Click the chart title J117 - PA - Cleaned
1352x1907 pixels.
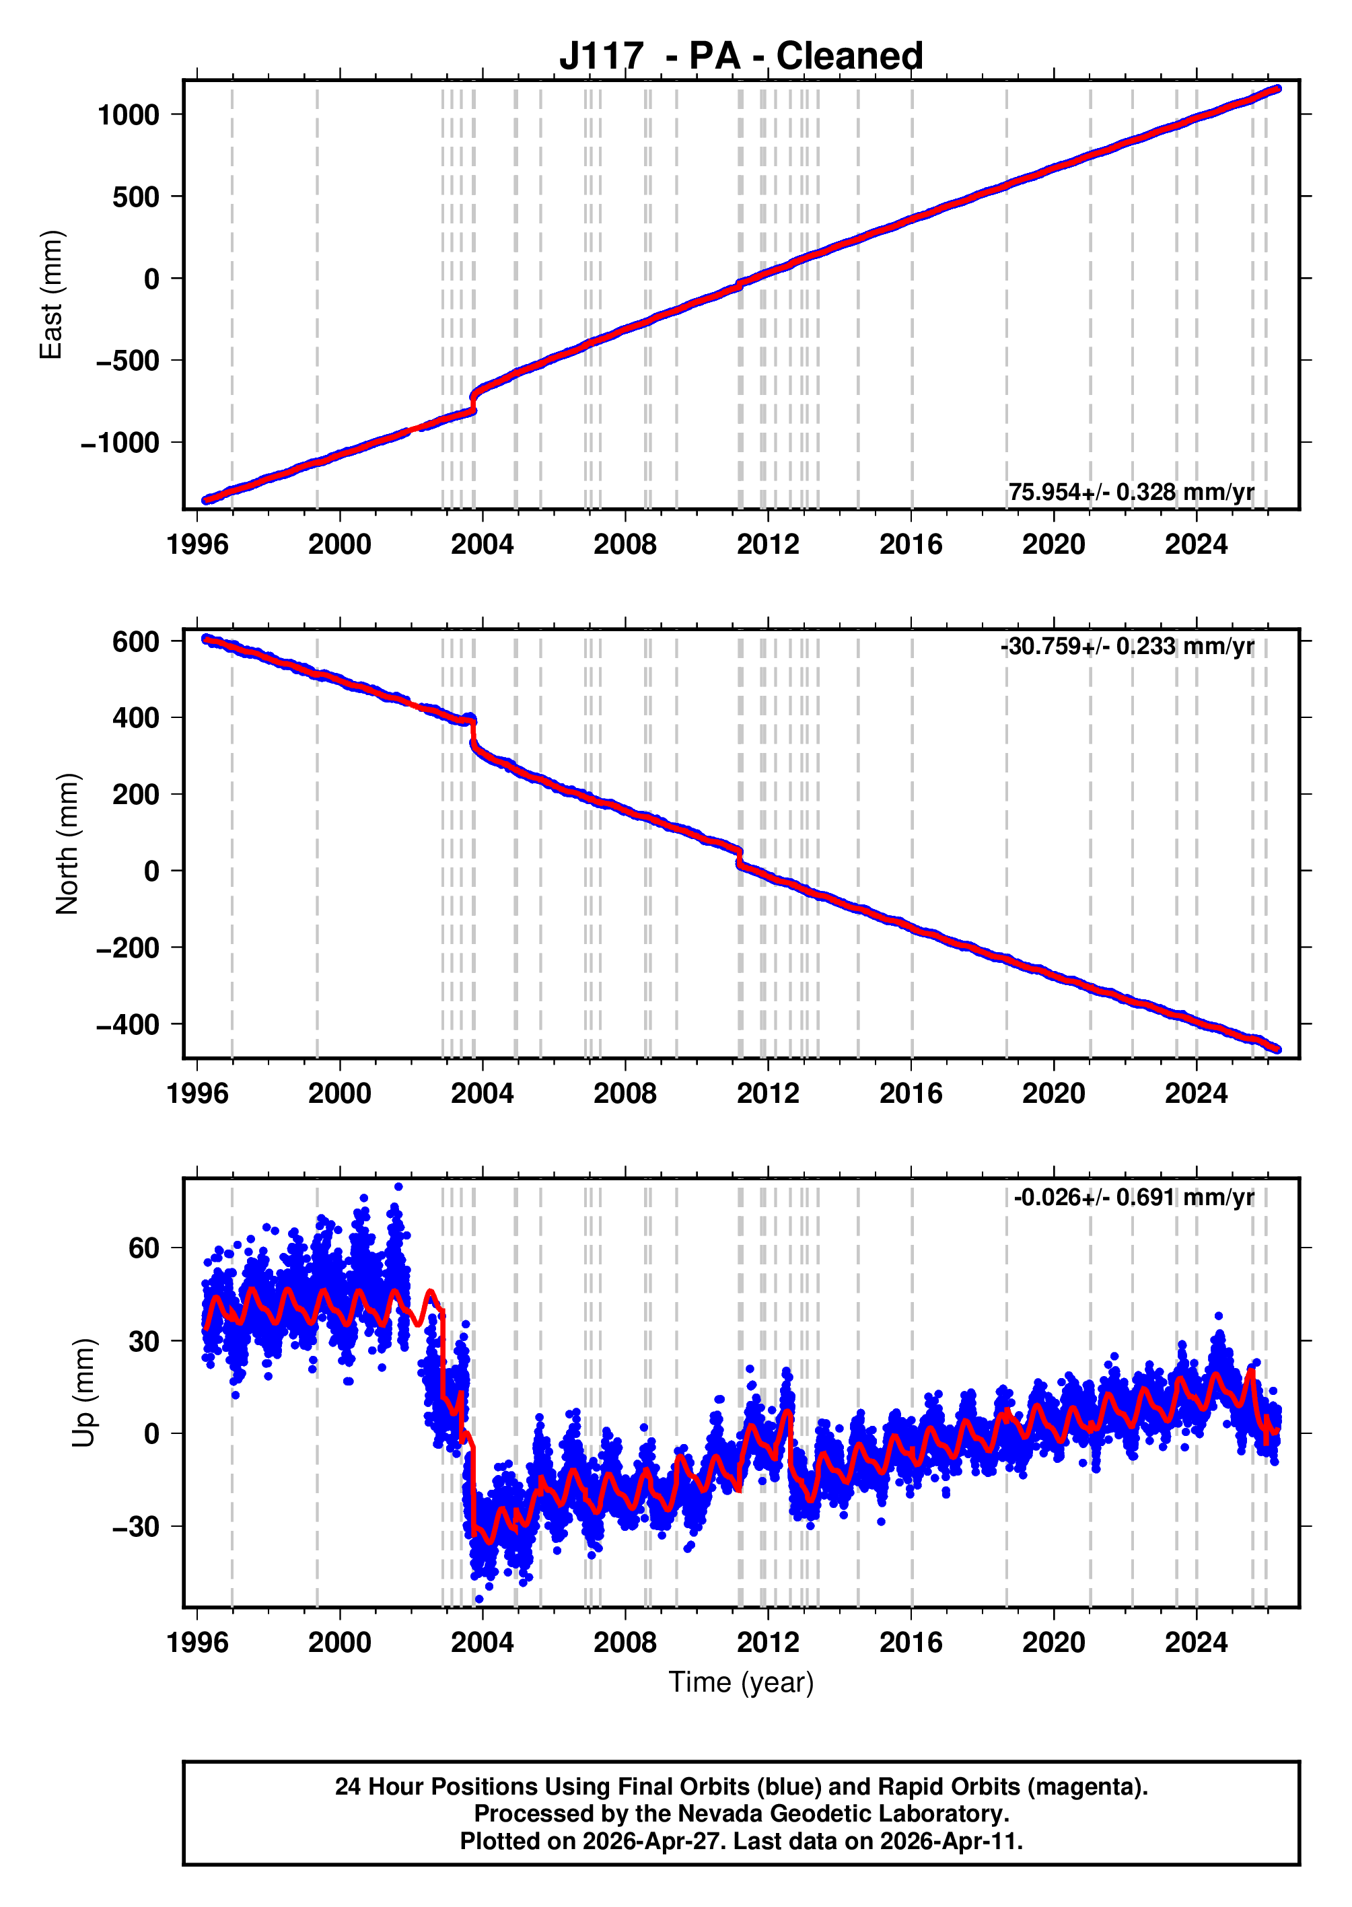(740, 56)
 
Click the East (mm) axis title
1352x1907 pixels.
(52, 295)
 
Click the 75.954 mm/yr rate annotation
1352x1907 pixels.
(1131, 492)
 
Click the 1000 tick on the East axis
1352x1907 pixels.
(129, 115)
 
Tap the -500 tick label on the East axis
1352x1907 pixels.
(122, 361)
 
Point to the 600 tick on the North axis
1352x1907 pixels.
(137, 642)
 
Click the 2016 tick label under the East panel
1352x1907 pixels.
(911, 544)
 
